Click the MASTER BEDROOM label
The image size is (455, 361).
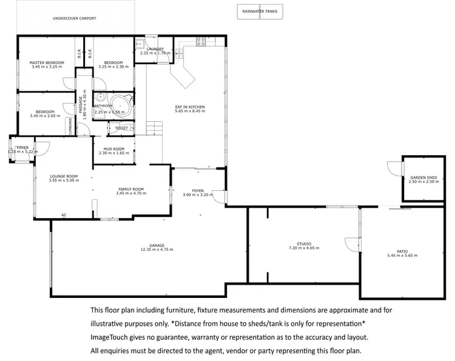pos(47,62)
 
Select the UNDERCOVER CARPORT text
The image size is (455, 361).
pos(74,18)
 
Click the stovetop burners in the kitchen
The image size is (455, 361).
pos(200,42)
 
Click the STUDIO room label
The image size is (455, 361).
pos(303,243)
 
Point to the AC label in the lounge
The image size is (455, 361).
pos(64,215)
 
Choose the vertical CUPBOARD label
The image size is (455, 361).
pos(71,128)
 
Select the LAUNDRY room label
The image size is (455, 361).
pos(155,48)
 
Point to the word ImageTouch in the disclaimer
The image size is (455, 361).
pos(110,337)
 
